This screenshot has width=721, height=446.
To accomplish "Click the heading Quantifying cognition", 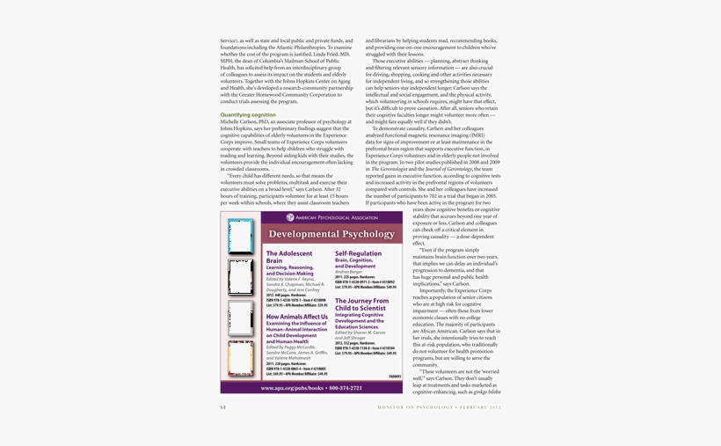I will (x=248, y=114).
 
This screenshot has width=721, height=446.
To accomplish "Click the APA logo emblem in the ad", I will (x=290, y=217).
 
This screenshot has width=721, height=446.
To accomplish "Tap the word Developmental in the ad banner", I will (x=309, y=234).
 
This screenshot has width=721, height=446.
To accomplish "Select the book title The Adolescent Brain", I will (x=289, y=257).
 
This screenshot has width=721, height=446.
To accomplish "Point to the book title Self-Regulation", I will (x=358, y=252).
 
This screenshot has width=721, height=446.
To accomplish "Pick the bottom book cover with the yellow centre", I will (x=240, y=358).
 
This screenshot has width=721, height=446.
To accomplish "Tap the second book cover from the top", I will (x=240, y=276).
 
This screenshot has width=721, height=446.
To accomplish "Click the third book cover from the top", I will (x=240, y=318).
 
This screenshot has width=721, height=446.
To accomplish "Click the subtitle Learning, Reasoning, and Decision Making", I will (x=289, y=270).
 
